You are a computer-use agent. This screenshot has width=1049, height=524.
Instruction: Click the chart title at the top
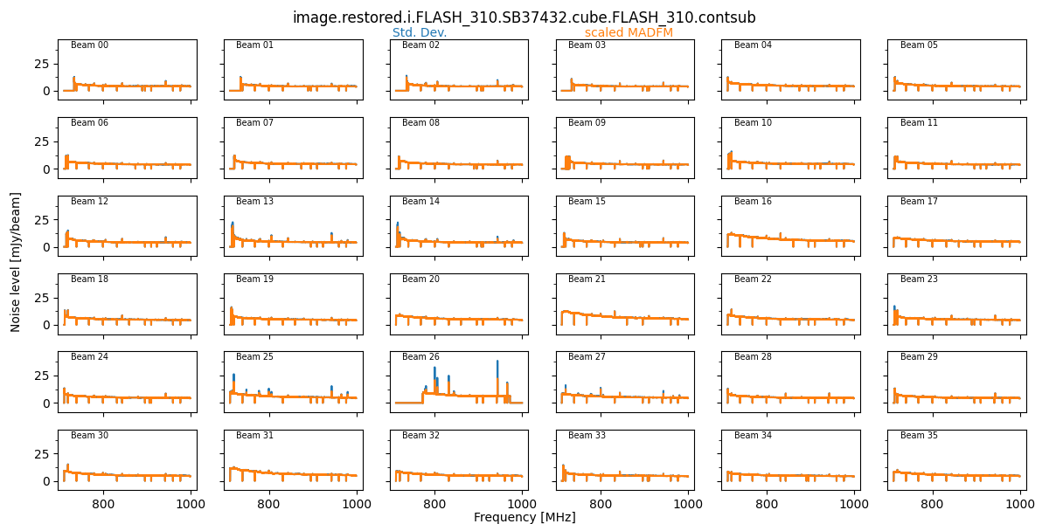pos(524,17)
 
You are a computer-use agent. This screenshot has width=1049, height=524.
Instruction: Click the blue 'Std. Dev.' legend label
pos(420,33)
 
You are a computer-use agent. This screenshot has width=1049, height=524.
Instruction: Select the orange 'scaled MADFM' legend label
pos(629,33)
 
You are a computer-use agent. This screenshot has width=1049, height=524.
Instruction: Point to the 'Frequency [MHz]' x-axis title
pos(524,517)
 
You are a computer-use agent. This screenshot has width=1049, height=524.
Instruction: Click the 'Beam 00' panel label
pos(89,45)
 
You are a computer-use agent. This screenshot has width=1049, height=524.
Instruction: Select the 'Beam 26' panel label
pos(421,357)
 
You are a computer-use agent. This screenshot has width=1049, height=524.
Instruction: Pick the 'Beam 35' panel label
pos(920,436)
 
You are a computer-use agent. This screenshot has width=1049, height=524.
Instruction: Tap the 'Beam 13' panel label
pos(255,202)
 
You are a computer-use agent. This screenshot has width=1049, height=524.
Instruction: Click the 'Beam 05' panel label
pos(920,45)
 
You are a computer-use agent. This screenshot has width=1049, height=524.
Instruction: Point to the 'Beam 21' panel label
pos(587,279)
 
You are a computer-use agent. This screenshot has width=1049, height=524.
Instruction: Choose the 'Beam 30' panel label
pos(89,436)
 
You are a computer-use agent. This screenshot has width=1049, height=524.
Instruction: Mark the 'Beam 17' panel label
pos(920,202)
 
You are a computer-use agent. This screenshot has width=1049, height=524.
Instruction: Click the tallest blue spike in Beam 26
pos(497,362)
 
